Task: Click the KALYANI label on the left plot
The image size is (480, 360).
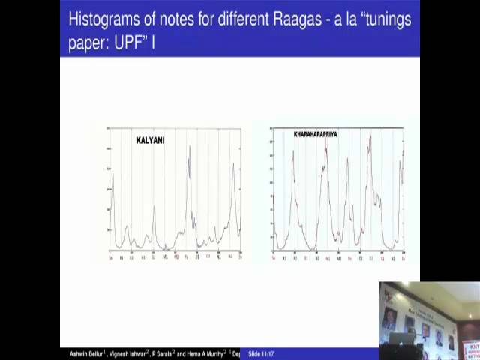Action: click(150, 140)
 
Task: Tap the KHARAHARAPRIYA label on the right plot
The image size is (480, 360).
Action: click(304, 134)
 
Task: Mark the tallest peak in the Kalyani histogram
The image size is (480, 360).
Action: click(190, 148)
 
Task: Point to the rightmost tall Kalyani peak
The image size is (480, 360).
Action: click(234, 164)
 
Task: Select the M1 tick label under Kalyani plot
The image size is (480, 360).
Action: click(165, 257)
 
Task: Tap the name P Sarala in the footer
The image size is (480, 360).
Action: click(166, 353)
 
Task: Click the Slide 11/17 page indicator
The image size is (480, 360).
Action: click(263, 353)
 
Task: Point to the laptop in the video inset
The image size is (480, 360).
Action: click(398, 337)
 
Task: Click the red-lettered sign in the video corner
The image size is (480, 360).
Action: click(472, 349)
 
